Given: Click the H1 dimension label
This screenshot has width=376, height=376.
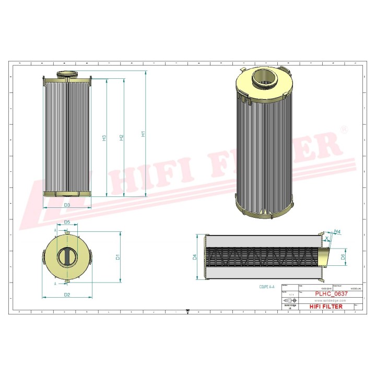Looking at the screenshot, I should coord(143,134).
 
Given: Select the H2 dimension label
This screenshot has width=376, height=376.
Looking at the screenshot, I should coord(121,137).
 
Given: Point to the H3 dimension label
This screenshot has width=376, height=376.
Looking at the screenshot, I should coord(104,138).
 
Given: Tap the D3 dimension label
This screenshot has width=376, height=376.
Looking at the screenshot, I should coord(67,205).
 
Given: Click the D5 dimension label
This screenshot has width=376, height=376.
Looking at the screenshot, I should coord(67,222).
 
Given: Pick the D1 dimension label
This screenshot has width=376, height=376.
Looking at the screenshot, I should coord(118,257).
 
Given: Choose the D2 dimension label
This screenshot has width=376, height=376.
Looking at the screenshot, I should coord(67,295).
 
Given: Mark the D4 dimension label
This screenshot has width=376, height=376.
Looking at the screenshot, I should coord(195,257).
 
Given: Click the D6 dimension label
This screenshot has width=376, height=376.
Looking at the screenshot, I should coord(343,256).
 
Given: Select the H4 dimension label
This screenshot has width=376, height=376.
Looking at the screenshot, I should coord(337,231).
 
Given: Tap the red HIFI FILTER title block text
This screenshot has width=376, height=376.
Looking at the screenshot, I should coord(326,307).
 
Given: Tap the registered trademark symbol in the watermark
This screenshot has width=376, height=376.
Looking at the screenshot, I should coord(343,129).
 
